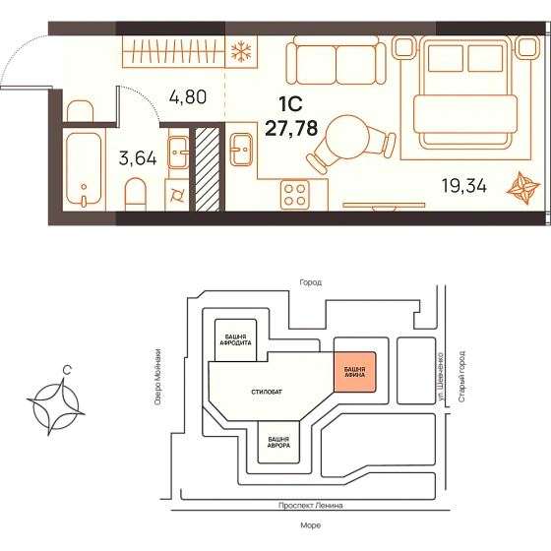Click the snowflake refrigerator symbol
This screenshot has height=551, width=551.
[241, 51]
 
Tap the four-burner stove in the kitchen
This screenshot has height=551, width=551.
[295, 195]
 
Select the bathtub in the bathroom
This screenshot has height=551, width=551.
[84, 169]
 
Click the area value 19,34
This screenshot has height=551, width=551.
[463, 186]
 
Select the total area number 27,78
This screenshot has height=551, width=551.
[291, 128]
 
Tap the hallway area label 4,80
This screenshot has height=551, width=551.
[188, 96]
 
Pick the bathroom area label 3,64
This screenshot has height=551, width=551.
[138, 158]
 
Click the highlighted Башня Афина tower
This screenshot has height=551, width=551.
[354, 372]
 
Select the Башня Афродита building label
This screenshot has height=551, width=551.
[235, 339]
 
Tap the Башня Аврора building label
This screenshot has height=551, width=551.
[278, 442]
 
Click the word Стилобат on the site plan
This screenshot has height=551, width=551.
[267, 392]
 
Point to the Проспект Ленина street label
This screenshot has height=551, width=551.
[311, 506]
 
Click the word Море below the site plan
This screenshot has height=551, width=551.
[311, 525]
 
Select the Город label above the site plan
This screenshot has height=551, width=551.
[311, 282]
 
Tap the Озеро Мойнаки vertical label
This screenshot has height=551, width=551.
[157, 377]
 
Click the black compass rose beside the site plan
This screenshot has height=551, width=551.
[56, 407]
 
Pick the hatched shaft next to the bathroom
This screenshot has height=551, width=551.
[208, 169]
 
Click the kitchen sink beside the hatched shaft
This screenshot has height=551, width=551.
[241, 150]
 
